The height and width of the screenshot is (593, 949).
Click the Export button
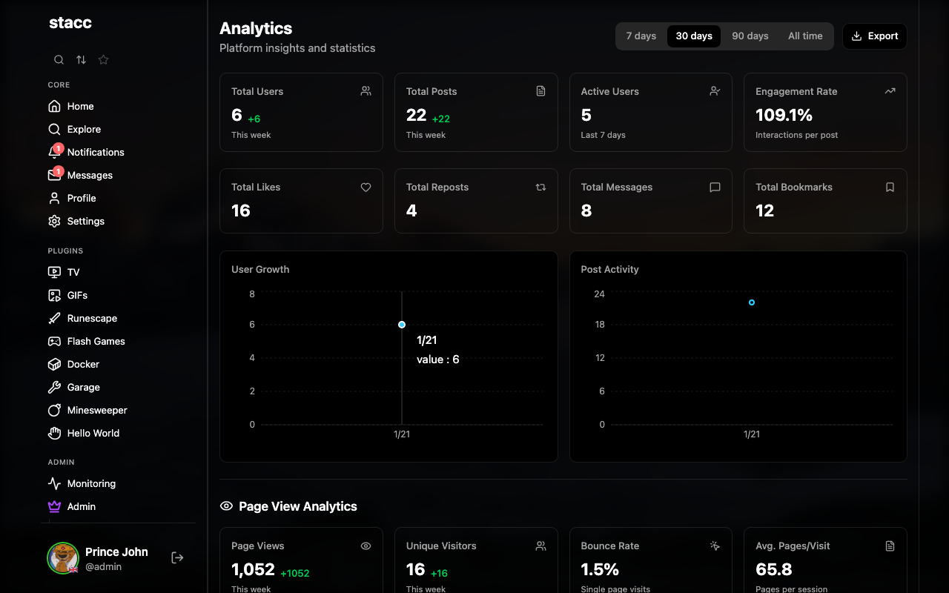(x=875, y=36)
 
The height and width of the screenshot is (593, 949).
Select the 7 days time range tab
(x=641, y=36)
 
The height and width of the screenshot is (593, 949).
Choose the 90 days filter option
(x=750, y=36)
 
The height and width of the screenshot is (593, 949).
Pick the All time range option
(x=805, y=36)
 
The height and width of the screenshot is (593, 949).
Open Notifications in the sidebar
(x=95, y=152)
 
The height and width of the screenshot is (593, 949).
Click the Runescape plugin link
(x=92, y=318)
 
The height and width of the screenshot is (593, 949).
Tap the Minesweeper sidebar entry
(x=96, y=410)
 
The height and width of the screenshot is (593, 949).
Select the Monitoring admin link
(x=90, y=483)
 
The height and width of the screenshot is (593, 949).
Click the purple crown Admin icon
(x=54, y=506)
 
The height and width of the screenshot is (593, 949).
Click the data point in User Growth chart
(x=402, y=325)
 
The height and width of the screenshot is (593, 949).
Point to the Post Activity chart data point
(x=752, y=302)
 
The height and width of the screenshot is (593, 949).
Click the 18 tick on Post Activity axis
(x=600, y=325)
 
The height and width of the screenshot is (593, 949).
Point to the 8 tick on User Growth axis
(x=252, y=294)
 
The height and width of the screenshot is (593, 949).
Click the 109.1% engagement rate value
(x=784, y=115)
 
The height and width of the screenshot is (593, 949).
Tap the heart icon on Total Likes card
(x=366, y=188)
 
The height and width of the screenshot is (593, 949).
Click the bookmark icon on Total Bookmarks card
(x=890, y=188)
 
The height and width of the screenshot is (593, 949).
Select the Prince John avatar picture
(x=63, y=557)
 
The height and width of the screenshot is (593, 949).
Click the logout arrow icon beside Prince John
(x=177, y=557)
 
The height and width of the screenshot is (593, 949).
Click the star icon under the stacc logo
(x=104, y=60)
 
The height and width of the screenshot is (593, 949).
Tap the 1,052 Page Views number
(x=253, y=569)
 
